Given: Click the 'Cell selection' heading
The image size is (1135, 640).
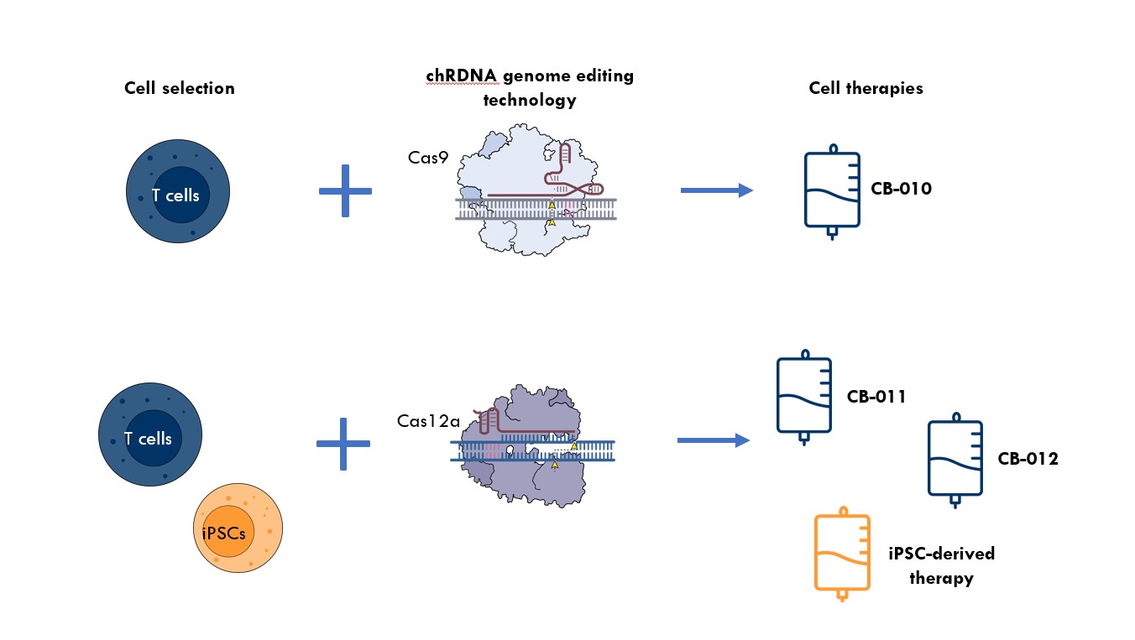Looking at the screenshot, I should [180, 88].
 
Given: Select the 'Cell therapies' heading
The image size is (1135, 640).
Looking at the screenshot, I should [866, 88].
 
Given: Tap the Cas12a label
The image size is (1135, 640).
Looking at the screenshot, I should [425, 420].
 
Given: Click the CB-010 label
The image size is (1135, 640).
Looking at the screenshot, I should [902, 189].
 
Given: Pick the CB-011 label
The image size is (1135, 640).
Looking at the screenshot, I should [876, 397].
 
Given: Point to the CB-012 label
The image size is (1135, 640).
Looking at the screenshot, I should [1028, 459].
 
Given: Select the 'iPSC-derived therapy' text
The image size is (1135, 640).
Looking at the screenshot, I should [940, 565].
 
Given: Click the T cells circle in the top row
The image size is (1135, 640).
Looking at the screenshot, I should [177, 194].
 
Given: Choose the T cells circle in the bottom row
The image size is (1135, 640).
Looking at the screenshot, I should [149, 437].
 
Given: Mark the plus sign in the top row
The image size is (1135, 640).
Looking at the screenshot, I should [345, 191].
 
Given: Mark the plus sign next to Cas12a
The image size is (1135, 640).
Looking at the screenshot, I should [343, 443].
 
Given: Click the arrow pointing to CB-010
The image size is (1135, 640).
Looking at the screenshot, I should [715, 191].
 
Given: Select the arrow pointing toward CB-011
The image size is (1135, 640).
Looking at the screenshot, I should [712, 440].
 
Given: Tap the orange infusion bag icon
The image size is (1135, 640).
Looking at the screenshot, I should [842, 554].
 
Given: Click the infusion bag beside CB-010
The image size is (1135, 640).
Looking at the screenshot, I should [832, 191].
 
